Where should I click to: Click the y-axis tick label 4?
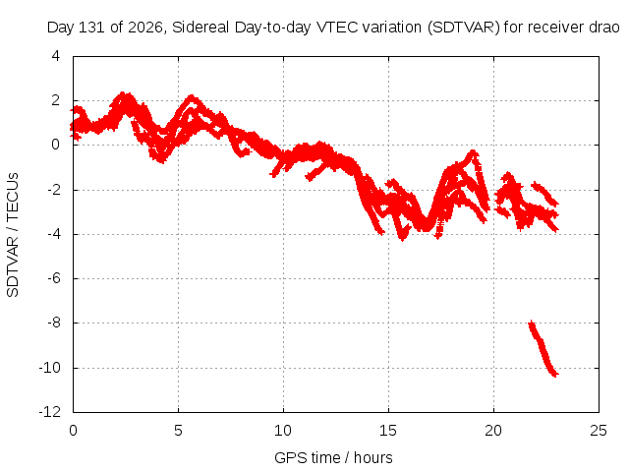56,56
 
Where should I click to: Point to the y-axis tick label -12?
50,411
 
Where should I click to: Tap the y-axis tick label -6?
53,277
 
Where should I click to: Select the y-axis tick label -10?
50,367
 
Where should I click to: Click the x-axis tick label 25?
599,431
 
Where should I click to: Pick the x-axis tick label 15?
388,431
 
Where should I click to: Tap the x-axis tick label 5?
178,431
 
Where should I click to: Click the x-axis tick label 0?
73,431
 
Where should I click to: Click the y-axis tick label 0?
56,145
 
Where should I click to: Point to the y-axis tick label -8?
53,323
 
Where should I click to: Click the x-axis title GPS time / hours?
333,457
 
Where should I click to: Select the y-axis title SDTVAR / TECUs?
13,235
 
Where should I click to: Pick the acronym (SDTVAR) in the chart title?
463,28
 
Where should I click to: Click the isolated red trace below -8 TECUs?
543,349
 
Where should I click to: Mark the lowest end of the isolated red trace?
556,376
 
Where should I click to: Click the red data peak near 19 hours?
474,152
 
